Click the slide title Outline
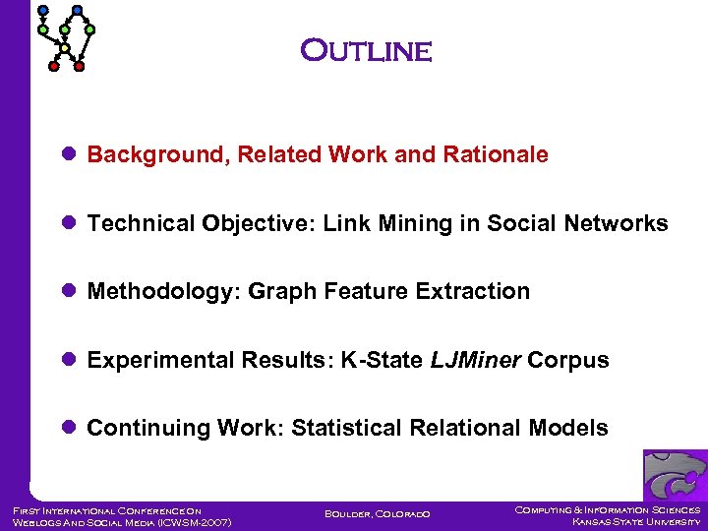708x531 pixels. [366, 50]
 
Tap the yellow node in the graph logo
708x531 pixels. [65, 48]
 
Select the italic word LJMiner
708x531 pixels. [475, 360]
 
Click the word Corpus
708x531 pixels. [568, 360]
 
